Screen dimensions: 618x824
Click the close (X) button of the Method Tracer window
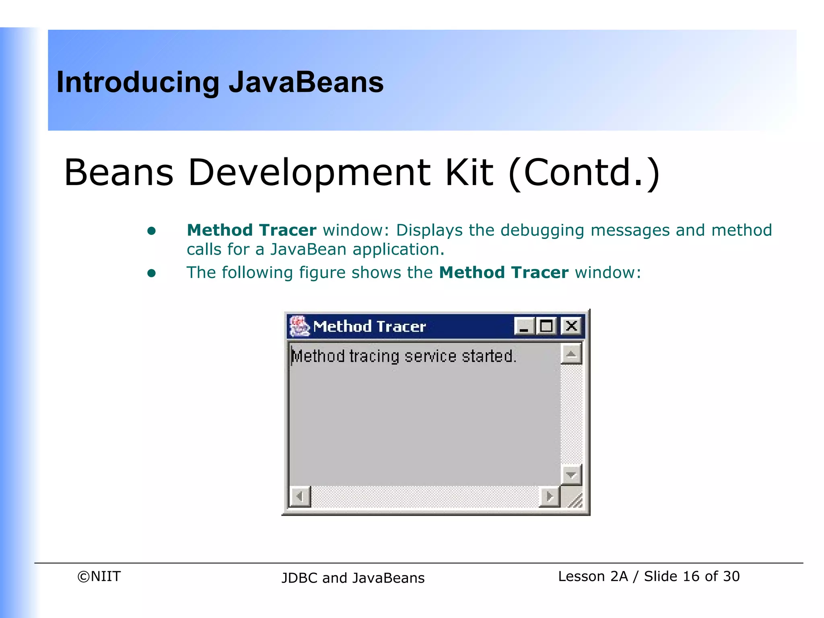[x=571, y=326]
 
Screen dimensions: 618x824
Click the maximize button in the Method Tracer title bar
[x=546, y=326]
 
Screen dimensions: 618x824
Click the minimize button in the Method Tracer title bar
[x=524, y=326]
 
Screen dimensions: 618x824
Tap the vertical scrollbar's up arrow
[x=571, y=354]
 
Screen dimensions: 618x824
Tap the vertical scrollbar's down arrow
[x=571, y=475]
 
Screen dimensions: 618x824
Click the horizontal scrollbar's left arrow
[x=300, y=496]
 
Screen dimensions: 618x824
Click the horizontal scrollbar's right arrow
[x=549, y=496]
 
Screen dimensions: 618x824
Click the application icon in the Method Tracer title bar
[x=299, y=326]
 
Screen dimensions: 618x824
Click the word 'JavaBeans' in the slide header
[x=306, y=82]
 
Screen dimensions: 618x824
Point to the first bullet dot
[x=152, y=231]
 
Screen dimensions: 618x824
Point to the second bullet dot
[x=152, y=274]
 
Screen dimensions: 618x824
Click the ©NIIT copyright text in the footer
[x=99, y=577]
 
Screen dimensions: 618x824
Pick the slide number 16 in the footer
[x=691, y=577]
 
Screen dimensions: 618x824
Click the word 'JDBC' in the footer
[x=300, y=578]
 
